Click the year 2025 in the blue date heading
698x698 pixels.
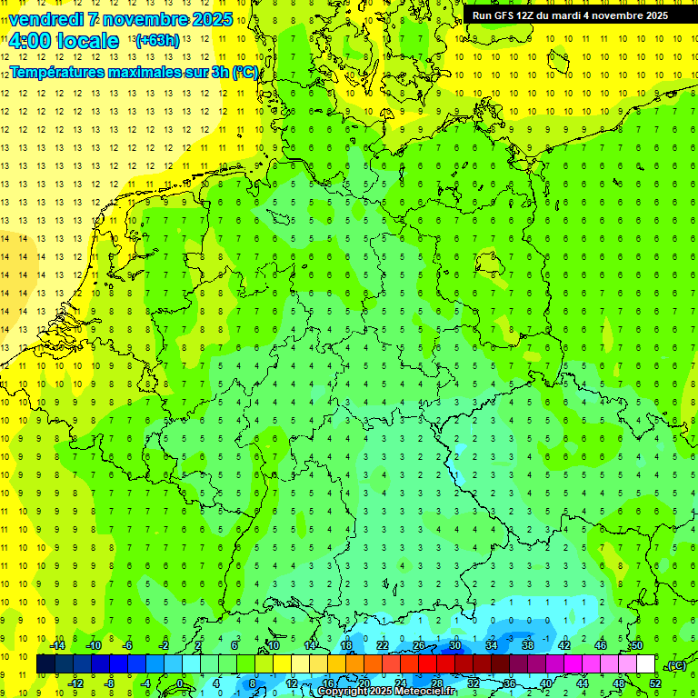[208, 19]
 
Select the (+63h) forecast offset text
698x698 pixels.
[157, 41]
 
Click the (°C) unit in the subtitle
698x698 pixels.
[244, 72]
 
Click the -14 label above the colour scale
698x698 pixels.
[57, 645]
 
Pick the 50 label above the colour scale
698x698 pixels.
[637, 645]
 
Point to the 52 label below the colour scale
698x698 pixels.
[654, 683]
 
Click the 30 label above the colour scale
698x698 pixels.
[454, 645]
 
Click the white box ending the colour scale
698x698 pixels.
[646, 664]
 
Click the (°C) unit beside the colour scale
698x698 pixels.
[674, 665]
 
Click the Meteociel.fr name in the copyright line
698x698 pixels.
[427, 692]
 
